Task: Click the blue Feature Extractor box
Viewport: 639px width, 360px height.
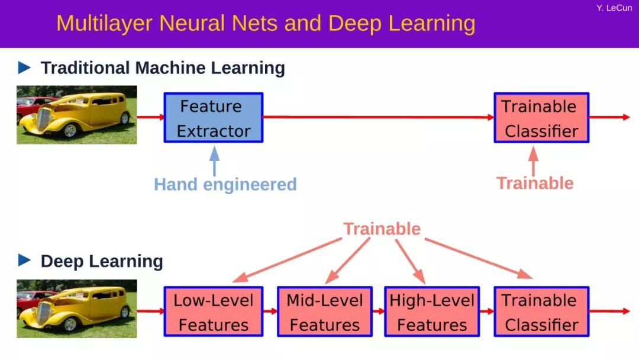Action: (213, 118)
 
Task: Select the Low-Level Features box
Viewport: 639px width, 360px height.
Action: (213, 311)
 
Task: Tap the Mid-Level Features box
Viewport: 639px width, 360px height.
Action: (324, 311)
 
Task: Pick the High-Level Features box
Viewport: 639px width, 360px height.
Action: (431, 311)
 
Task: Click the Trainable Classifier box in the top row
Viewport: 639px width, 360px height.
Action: (541, 118)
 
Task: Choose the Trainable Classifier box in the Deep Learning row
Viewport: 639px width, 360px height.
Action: (541, 311)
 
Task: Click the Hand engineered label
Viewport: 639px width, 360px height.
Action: (225, 184)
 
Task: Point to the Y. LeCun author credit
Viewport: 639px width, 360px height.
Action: (614, 8)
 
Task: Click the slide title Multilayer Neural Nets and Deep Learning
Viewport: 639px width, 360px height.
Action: (266, 24)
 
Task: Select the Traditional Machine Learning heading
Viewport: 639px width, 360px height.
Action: (162, 68)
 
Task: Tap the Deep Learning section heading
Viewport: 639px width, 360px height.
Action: (101, 261)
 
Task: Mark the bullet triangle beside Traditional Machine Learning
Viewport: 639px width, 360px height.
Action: (24, 67)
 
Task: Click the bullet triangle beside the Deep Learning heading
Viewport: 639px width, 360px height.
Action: (24, 260)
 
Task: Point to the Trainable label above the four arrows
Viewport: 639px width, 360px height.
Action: (382, 229)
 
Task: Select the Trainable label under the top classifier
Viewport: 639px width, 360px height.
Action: (534, 183)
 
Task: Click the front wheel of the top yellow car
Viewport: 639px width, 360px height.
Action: (70, 130)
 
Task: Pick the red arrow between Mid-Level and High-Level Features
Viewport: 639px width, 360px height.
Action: (378, 311)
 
